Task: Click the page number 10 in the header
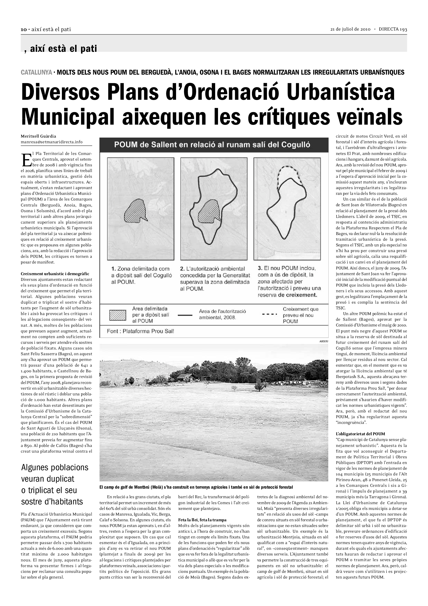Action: [x=24, y=30]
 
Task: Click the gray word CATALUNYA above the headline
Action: [x=36, y=72]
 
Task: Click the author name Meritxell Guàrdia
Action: [x=39, y=136]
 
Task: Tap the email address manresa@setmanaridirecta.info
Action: [x=52, y=142]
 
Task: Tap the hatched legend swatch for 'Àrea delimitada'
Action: [x=118, y=315]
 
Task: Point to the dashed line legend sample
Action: [x=270, y=314]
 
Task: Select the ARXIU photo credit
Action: [x=324, y=341]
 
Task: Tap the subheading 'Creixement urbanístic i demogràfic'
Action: [x=55, y=274]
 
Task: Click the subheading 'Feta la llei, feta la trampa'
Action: [x=202, y=520]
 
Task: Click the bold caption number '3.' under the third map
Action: [x=260, y=268]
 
